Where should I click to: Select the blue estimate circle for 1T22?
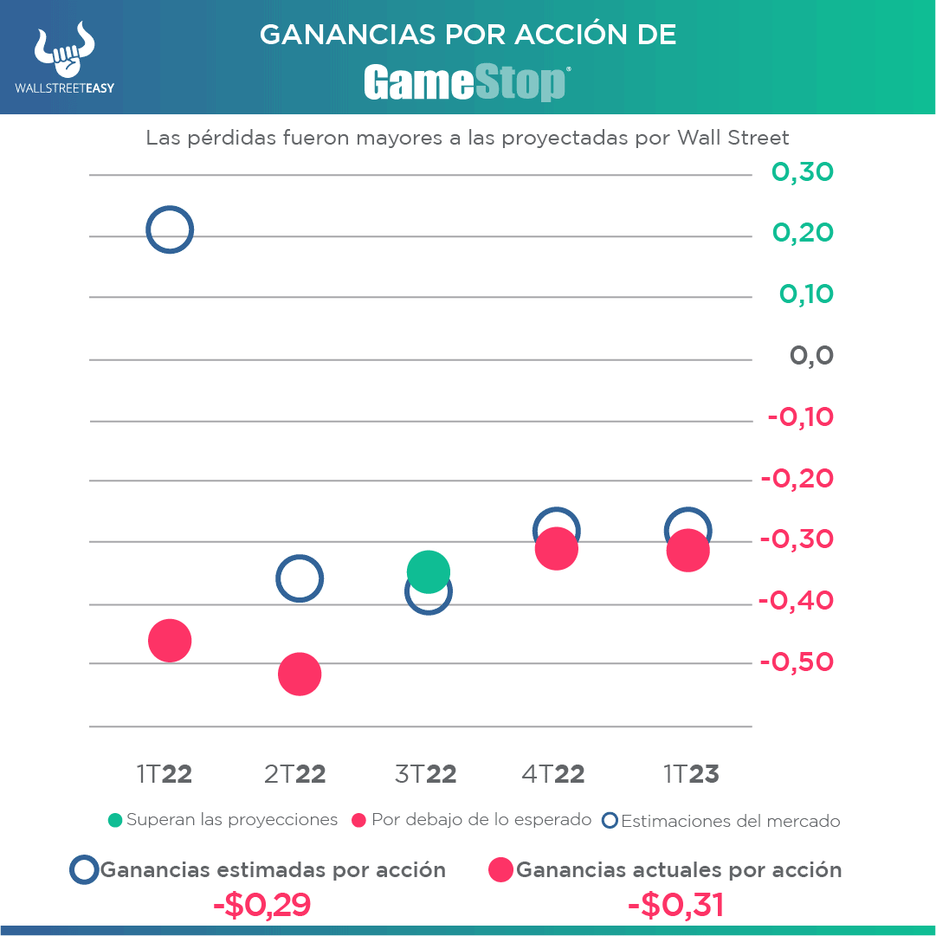[169, 230]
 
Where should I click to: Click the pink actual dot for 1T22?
[170, 641]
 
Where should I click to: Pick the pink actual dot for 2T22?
[300, 674]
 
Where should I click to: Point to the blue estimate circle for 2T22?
[299, 578]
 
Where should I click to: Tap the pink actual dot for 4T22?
[557, 550]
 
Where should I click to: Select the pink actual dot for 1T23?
[688, 552]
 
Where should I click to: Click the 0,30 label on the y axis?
[802, 172]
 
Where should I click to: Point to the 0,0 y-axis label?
[811, 356]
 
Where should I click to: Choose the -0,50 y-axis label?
[797, 662]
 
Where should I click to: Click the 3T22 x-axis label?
[425, 774]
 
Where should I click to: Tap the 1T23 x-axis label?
[691, 774]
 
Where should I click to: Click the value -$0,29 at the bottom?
[261, 905]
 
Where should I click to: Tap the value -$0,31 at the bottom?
[675, 905]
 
